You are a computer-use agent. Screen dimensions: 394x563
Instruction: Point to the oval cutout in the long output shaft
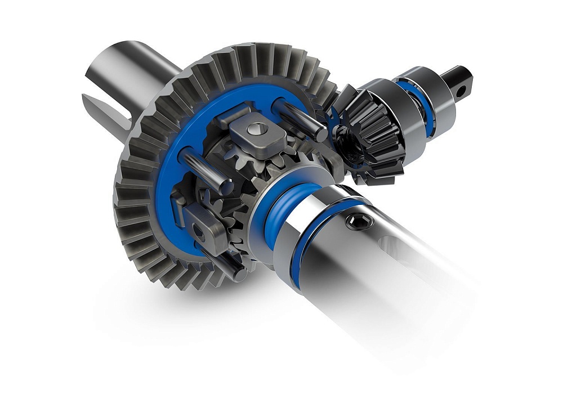[397, 248]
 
